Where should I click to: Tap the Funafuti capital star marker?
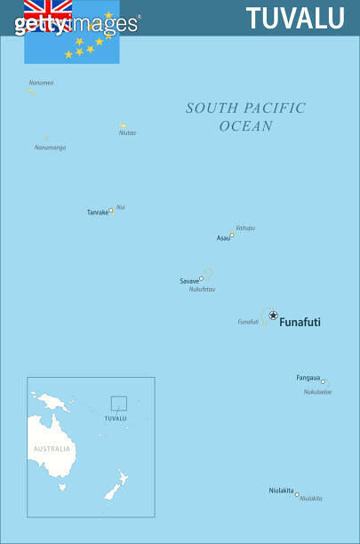click(x=273, y=315)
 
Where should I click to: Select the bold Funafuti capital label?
click(x=300, y=323)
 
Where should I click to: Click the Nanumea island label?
click(x=41, y=83)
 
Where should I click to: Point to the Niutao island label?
click(x=127, y=133)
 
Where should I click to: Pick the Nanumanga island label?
click(x=50, y=148)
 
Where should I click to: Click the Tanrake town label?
click(x=97, y=212)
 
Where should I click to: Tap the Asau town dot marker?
click(x=232, y=236)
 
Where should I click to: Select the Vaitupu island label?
click(x=245, y=228)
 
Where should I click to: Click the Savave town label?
click(x=189, y=281)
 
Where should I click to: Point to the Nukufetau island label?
click(x=202, y=289)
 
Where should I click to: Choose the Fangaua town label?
click(x=308, y=378)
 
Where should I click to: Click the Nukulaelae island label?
click(x=317, y=392)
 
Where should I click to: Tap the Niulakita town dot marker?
click(x=297, y=494)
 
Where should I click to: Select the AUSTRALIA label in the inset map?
click(x=52, y=449)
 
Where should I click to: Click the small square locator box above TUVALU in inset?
click(x=118, y=404)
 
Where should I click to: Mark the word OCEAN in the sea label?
click(x=245, y=126)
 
